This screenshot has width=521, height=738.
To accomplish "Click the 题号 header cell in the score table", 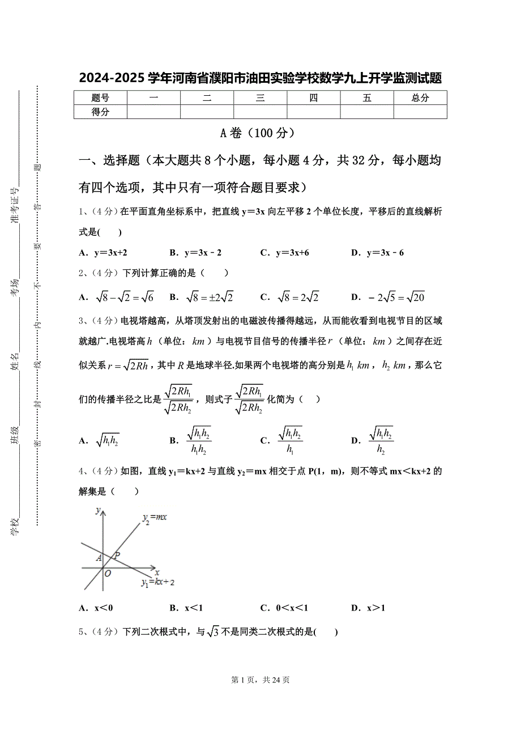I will pyautogui.click(x=100, y=98).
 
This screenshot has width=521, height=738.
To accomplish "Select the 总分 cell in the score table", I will pyautogui.click(x=420, y=98).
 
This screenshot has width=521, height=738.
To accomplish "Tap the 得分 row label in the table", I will pyautogui.click(x=100, y=112).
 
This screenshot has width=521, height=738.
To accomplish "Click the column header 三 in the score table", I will pyautogui.click(x=260, y=98).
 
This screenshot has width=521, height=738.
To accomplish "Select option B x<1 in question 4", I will pyautogui.click(x=186, y=608).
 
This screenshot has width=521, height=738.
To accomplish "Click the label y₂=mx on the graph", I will pyautogui.click(x=154, y=517).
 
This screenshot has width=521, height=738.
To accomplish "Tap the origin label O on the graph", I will pyautogui.click(x=108, y=573).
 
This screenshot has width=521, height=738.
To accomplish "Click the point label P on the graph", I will pyautogui.click(x=117, y=556).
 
